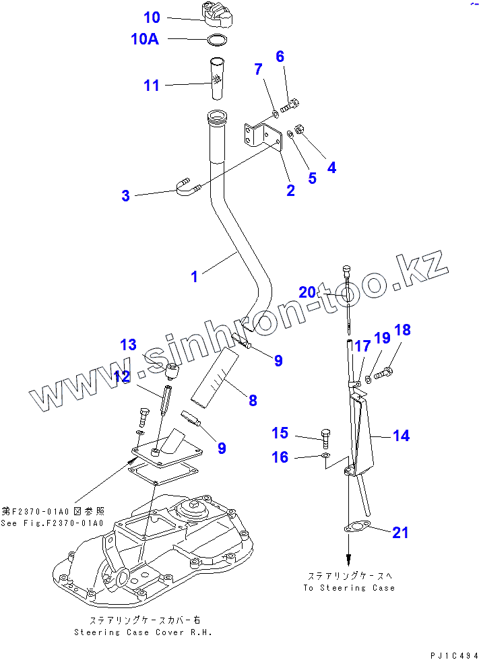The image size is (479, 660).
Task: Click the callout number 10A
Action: click(144, 39)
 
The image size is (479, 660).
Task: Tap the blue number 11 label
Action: click(152, 86)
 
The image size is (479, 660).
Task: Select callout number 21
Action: click(400, 533)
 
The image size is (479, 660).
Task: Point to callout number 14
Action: click(401, 436)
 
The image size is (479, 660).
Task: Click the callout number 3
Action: click(125, 196)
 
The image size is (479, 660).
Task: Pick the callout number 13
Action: click(128, 345)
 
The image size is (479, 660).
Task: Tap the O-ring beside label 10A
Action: click(215, 40)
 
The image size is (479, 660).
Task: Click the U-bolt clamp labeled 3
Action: click(185, 188)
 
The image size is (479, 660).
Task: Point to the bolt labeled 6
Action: click(290, 105)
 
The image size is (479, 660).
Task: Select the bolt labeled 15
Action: click(326, 438)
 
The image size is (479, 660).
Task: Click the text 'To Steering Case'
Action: click(348, 588)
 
